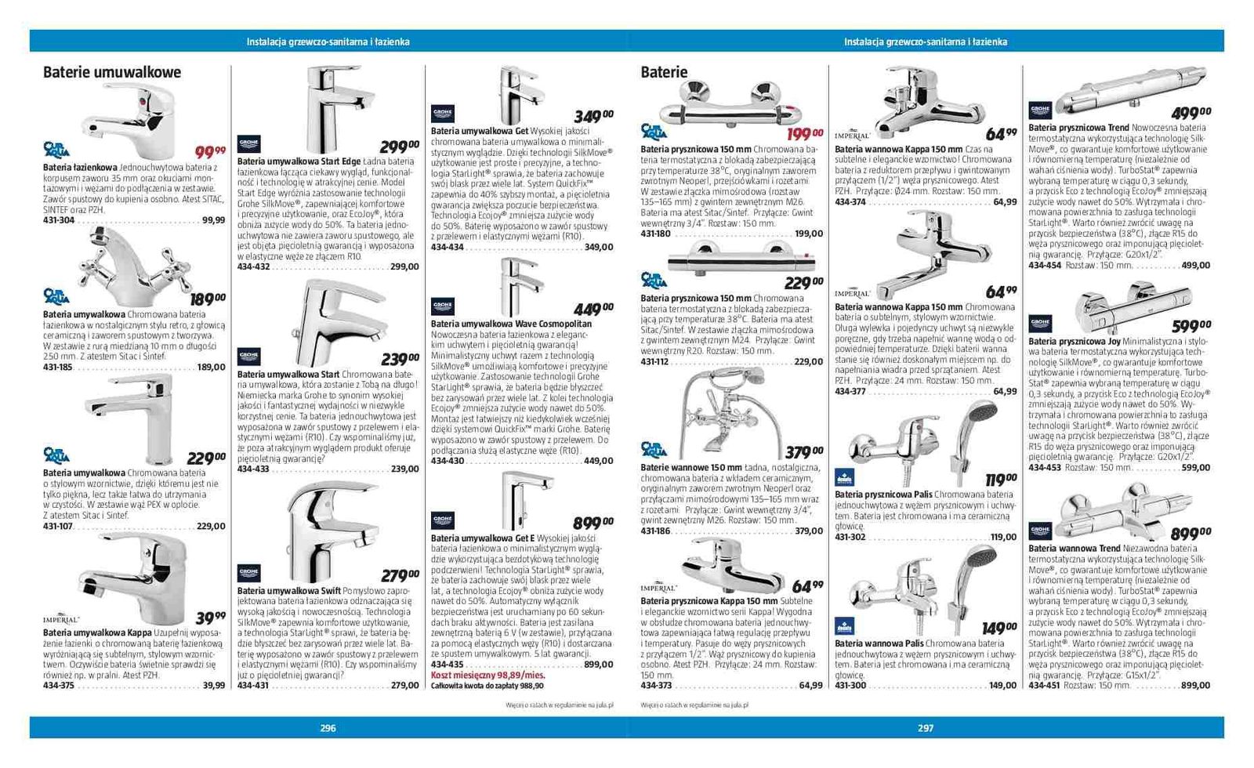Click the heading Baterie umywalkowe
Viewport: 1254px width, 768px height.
click(x=112, y=72)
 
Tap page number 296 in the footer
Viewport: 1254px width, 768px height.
click(x=328, y=728)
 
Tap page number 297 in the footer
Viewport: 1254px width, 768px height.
click(x=926, y=728)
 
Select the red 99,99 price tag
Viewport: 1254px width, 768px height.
click(x=209, y=151)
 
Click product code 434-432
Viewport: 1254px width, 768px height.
click(x=253, y=267)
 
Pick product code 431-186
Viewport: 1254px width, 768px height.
click(x=656, y=531)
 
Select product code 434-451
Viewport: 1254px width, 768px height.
click(x=1044, y=686)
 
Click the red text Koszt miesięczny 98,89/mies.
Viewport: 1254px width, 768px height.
click(x=487, y=675)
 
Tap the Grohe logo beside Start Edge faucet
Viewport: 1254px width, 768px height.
click(x=248, y=143)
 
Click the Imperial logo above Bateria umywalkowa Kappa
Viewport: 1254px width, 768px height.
click(x=61, y=619)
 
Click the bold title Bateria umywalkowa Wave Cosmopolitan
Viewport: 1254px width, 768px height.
click(x=511, y=324)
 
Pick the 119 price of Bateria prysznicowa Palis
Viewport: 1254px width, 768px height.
click(x=1000, y=479)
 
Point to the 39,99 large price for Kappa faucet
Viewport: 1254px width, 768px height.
click(x=209, y=618)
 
